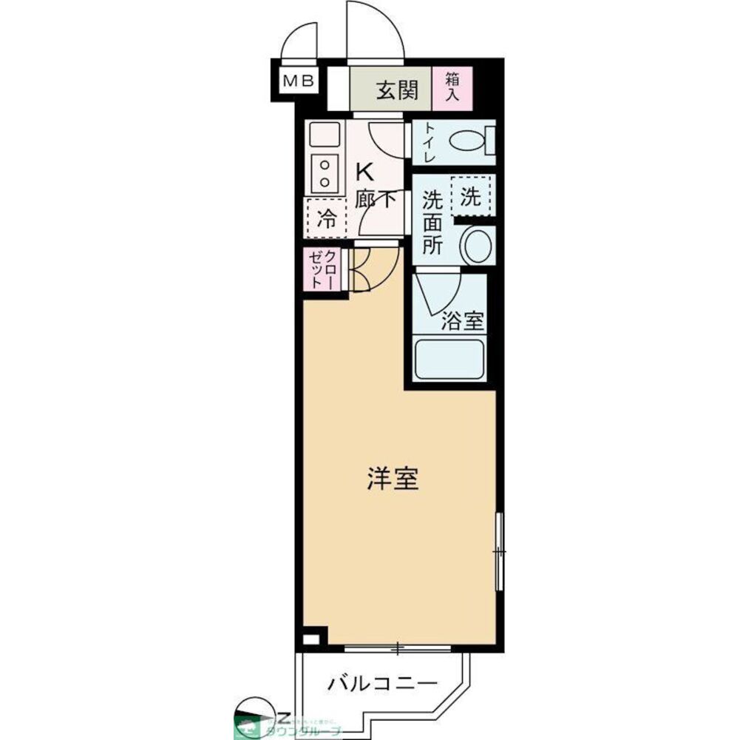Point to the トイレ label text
(428, 142)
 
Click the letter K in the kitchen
(364, 172)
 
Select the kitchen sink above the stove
(324, 135)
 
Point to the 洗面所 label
(432, 223)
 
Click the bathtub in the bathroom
(449, 359)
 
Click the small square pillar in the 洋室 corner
(312, 638)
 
